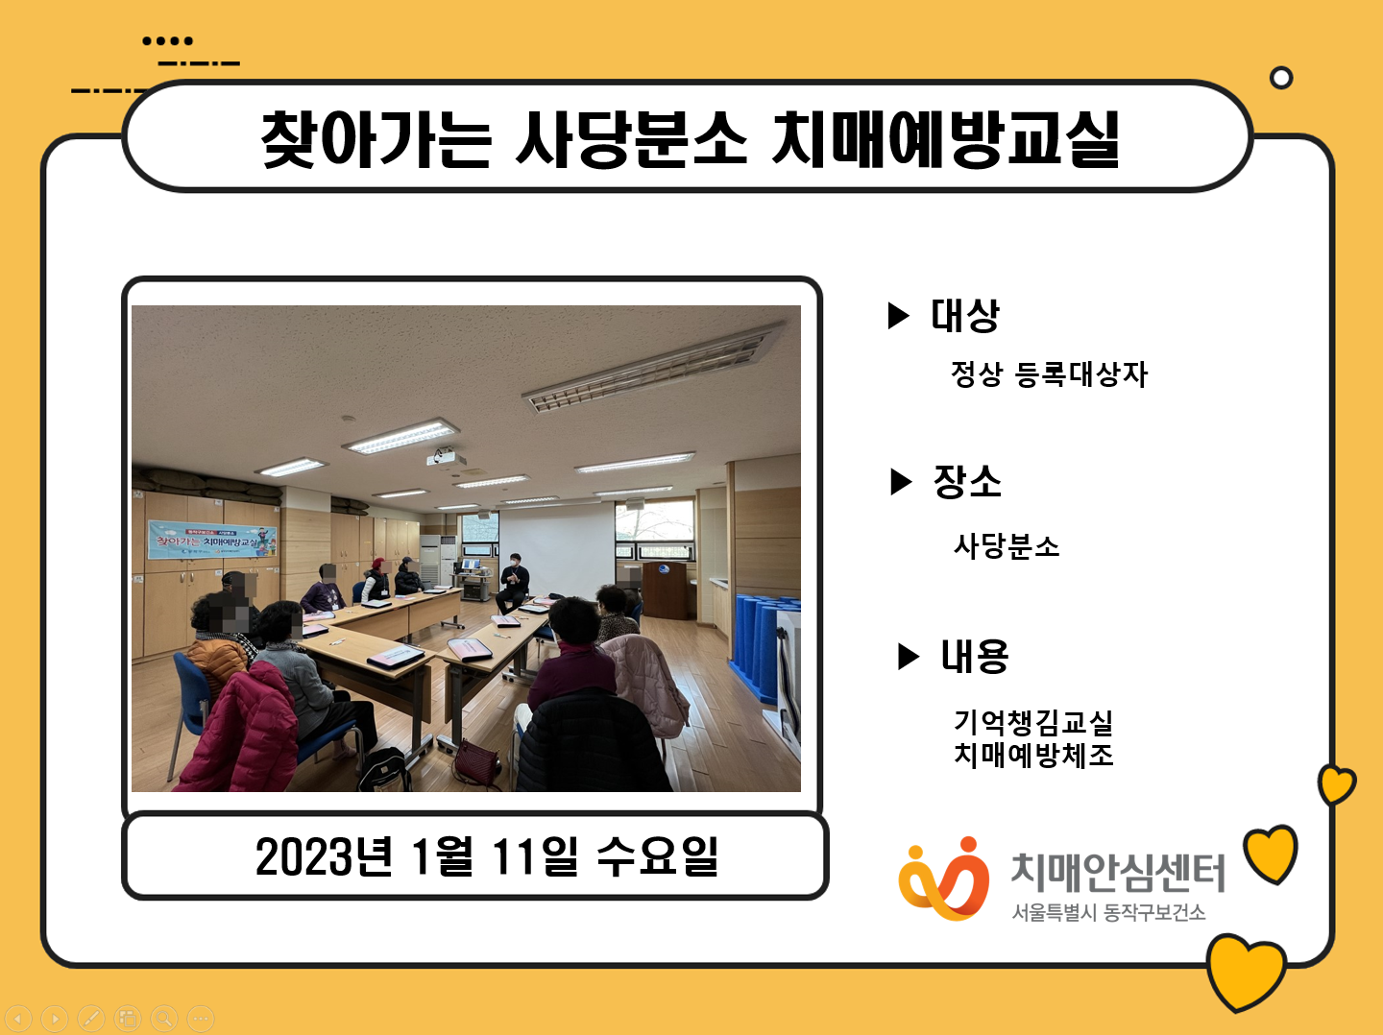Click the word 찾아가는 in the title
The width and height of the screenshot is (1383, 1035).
pos(376,139)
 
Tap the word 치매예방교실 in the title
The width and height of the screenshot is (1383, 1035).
pos(946,139)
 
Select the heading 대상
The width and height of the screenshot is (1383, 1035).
pos(964,315)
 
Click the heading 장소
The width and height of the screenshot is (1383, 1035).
pos(967,482)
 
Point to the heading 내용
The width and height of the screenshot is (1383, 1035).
pos(974,656)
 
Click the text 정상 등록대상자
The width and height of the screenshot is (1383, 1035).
pos(1049,373)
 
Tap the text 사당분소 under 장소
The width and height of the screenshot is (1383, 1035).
pos(1007,545)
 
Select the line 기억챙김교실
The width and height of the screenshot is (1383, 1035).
pos(1033,721)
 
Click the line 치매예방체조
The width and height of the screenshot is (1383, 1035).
pos(1033,755)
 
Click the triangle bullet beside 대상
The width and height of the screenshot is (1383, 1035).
pos(897,316)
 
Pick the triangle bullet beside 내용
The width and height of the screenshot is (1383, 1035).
pos(908,657)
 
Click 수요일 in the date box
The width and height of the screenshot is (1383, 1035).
pos(657,856)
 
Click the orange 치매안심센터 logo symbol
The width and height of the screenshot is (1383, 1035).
pos(943,879)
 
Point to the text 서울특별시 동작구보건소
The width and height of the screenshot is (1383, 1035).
pos(1108,912)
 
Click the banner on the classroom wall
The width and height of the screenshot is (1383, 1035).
pos(212,541)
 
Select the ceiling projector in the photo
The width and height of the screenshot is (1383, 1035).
pos(446,456)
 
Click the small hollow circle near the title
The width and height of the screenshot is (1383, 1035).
pos(1281,78)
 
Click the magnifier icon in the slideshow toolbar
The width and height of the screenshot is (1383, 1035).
pos(164,1018)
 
